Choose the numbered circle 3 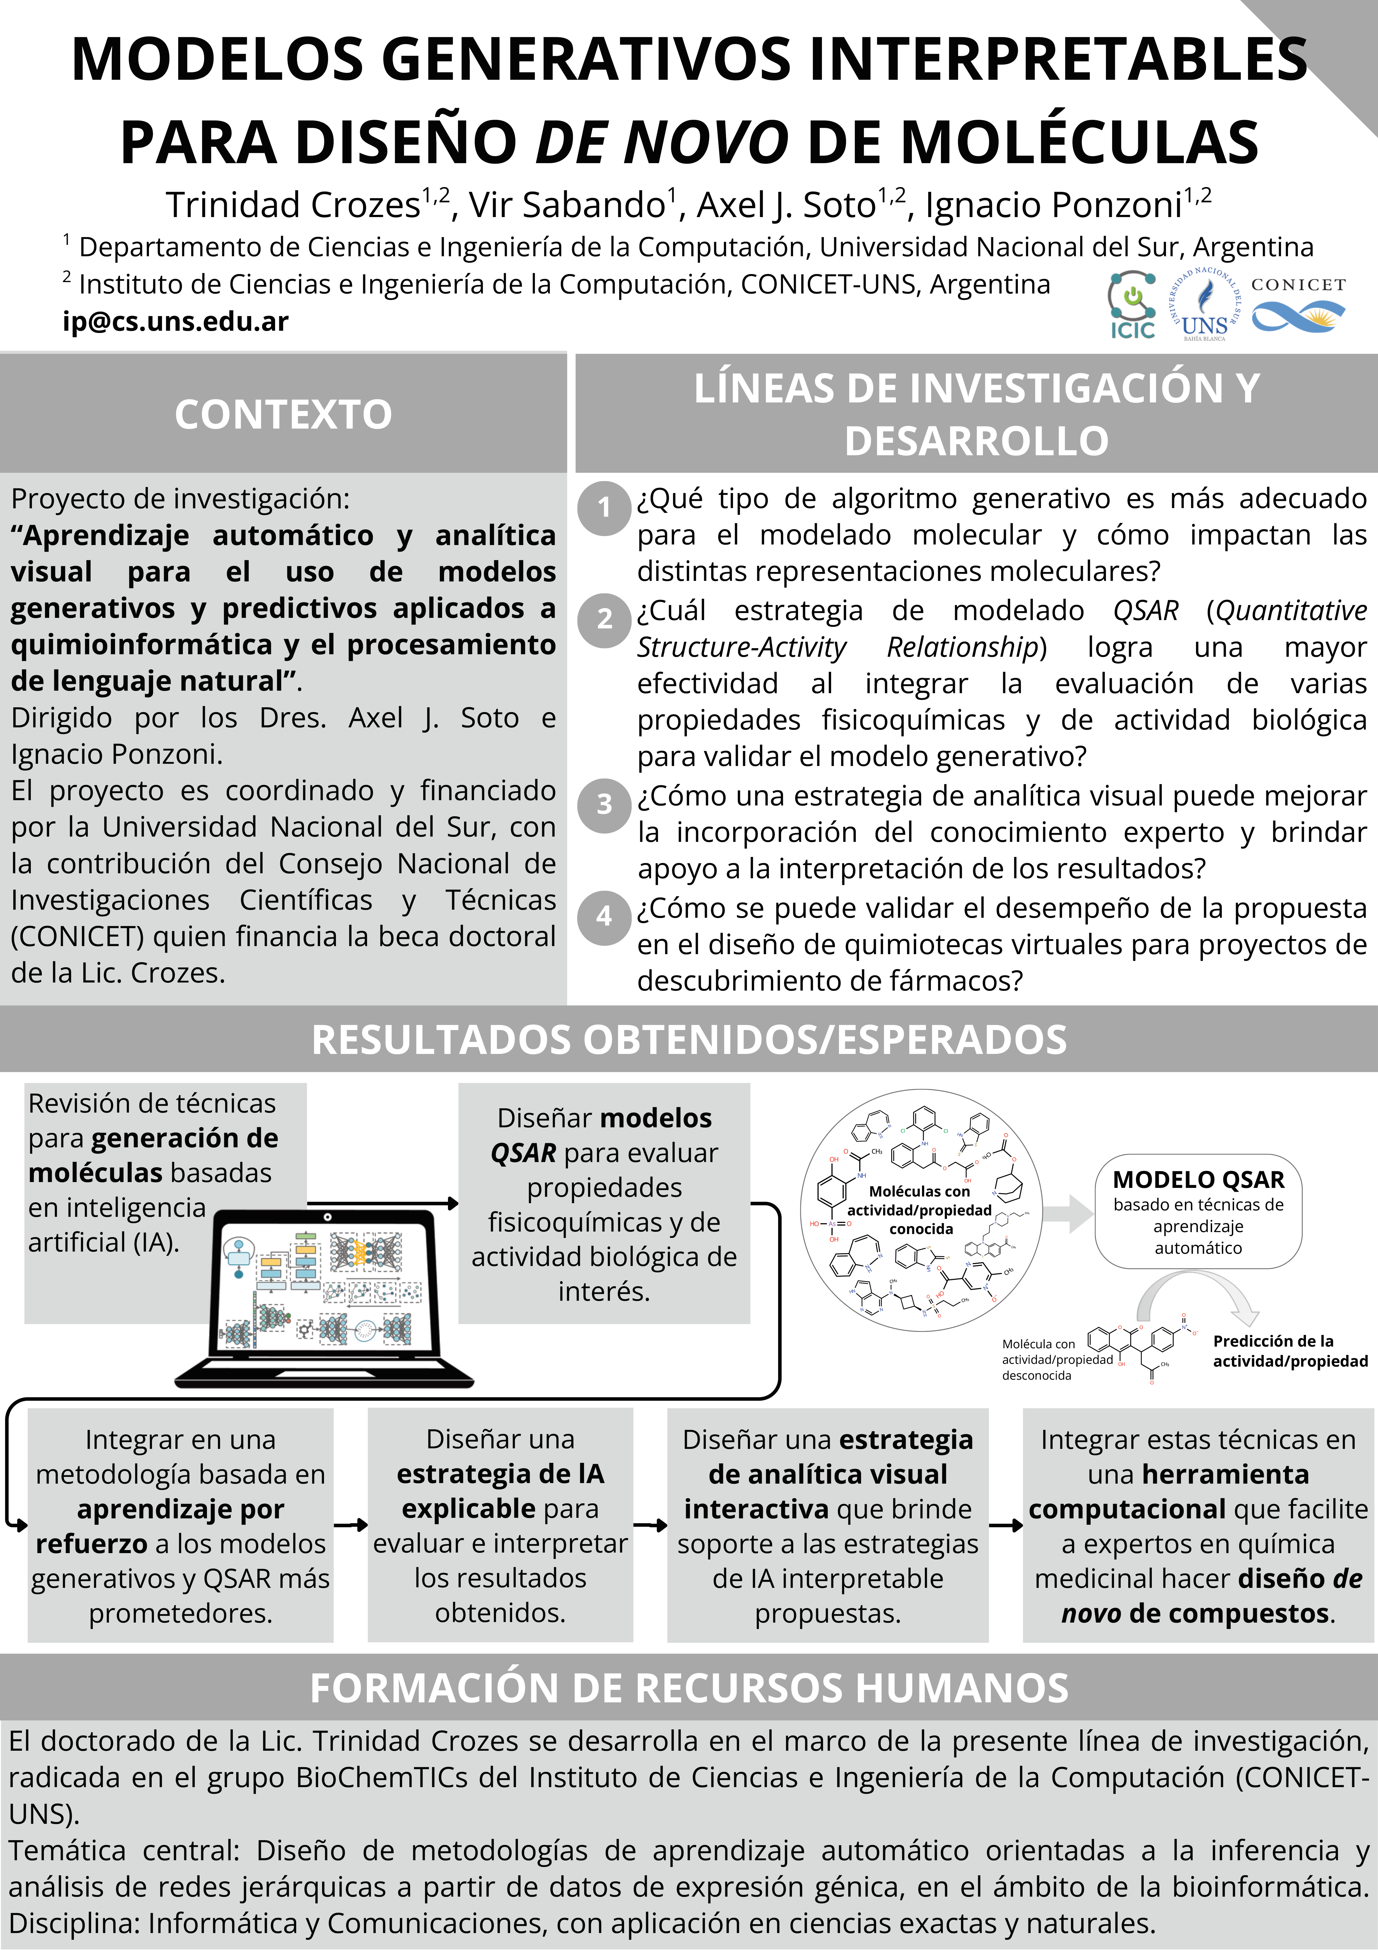coord(604,804)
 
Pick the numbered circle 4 coord(604,916)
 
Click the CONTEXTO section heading coord(283,414)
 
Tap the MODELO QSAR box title coord(1198,1180)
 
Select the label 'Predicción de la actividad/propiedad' coord(1290,1351)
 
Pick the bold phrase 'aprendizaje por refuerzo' coord(180,1526)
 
